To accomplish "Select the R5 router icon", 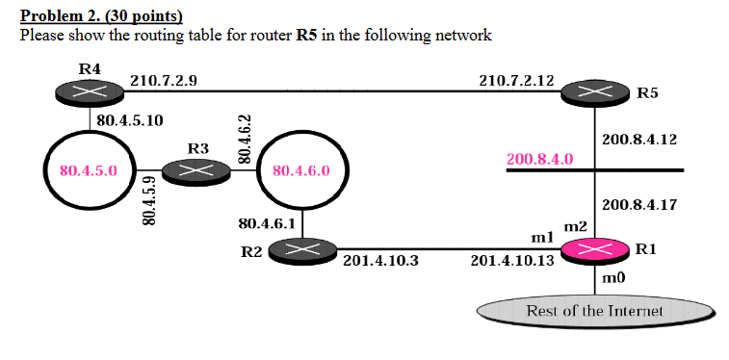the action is (x=598, y=92).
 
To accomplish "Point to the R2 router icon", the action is (x=301, y=250).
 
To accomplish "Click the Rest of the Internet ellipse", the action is (x=595, y=311).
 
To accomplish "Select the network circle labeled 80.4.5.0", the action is (x=89, y=170).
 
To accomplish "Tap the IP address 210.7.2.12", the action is (x=515, y=81).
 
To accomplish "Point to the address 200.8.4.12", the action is (x=638, y=140).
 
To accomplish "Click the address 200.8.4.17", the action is (x=638, y=204).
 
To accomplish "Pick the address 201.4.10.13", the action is (x=511, y=260).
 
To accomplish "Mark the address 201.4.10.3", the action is (x=380, y=260).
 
